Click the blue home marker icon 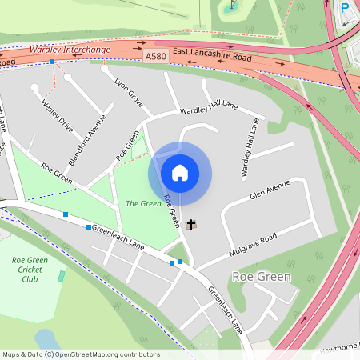pyautogui.click(x=180, y=172)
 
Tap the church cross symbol pyautogui.click(x=190, y=225)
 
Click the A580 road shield pyautogui.click(x=157, y=57)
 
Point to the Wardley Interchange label pyautogui.click(x=69, y=50)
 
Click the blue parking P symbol pyautogui.click(x=346, y=7)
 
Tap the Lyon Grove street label pyautogui.click(x=129, y=93)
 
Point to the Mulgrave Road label pyautogui.click(x=254, y=240)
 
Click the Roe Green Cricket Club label pyautogui.click(x=30, y=270)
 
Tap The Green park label pyautogui.click(x=144, y=203)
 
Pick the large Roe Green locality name pyautogui.click(x=261, y=276)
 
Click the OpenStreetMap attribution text pyautogui.click(x=80, y=354)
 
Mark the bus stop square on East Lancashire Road pyautogui.click(x=52, y=62)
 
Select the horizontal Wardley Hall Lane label pyautogui.click(x=209, y=110)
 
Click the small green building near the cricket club pyautogui.click(x=62, y=276)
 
